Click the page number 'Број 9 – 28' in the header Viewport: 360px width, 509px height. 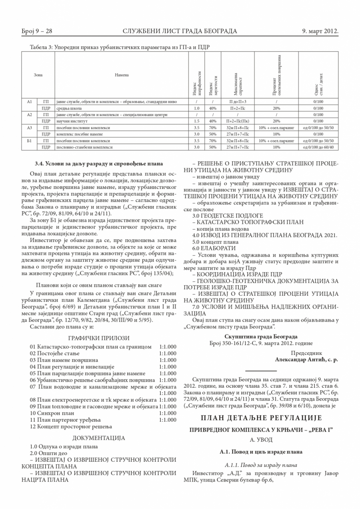(x=37, y=31)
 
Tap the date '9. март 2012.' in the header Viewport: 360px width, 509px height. (x=320, y=31)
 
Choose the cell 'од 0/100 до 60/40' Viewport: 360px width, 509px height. (x=318, y=147)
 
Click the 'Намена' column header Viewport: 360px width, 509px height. (x=122, y=75)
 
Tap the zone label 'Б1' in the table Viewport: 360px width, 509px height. (x=29, y=141)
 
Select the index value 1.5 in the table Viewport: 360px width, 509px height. (x=196, y=121)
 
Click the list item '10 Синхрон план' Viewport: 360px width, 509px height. (x=52, y=413)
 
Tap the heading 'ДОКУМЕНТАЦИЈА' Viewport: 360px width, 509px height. (x=99, y=438)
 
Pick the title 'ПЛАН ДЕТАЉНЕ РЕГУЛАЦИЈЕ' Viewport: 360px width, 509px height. (x=261, y=418)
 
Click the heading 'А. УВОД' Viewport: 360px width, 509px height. (x=261, y=440)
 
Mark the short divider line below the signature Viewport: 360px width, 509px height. (x=261, y=370)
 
